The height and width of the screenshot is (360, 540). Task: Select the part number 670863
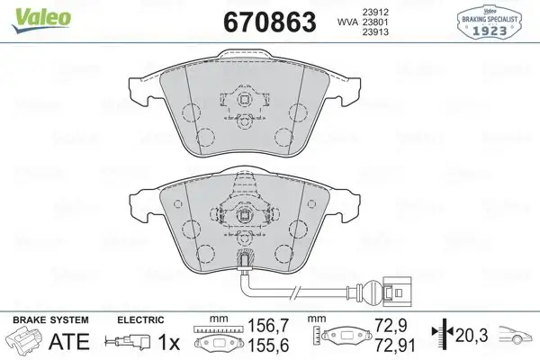(x=267, y=21)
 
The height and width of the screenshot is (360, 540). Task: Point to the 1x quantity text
(x=167, y=342)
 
